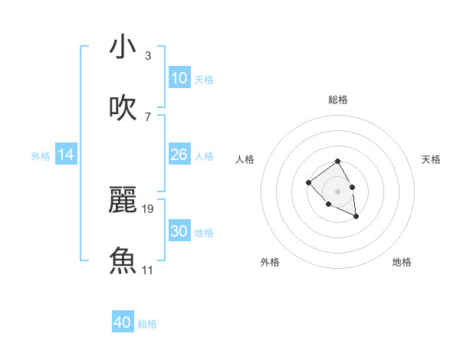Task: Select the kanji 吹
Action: coord(123,107)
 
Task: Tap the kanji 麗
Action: coord(123,199)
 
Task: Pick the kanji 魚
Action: coord(123,259)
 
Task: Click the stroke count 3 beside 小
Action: coord(148,56)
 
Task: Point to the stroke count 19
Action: coord(148,208)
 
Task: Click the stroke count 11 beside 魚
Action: coord(148,270)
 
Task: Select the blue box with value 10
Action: coord(179,78)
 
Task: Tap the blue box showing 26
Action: coord(179,155)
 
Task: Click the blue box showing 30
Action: coord(179,231)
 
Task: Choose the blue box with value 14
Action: coord(66,155)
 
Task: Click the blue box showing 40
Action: coord(123,322)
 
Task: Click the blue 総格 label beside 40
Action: coord(147,324)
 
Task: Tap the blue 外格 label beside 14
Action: coord(41,156)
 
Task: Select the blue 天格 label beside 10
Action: coord(204,80)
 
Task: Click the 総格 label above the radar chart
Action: coord(338,100)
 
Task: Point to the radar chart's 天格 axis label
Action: coord(432,159)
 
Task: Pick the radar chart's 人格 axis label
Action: coord(245,159)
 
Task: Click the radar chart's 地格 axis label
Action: coord(402,262)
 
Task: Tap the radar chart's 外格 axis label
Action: coord(270,262)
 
